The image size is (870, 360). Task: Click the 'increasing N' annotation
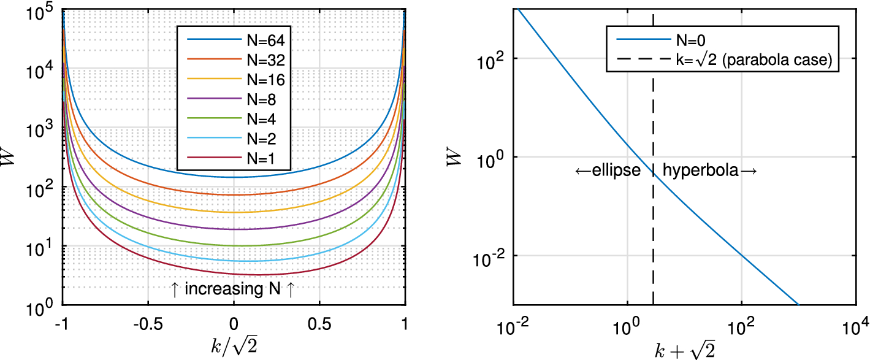tap(232, 289)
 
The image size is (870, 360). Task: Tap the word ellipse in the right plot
tap(608, 171)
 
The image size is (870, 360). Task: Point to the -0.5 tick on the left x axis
tap(147, 323)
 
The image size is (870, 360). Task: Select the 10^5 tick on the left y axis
tap(40, 10)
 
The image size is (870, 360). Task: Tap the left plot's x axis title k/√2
tap(233, 345)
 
